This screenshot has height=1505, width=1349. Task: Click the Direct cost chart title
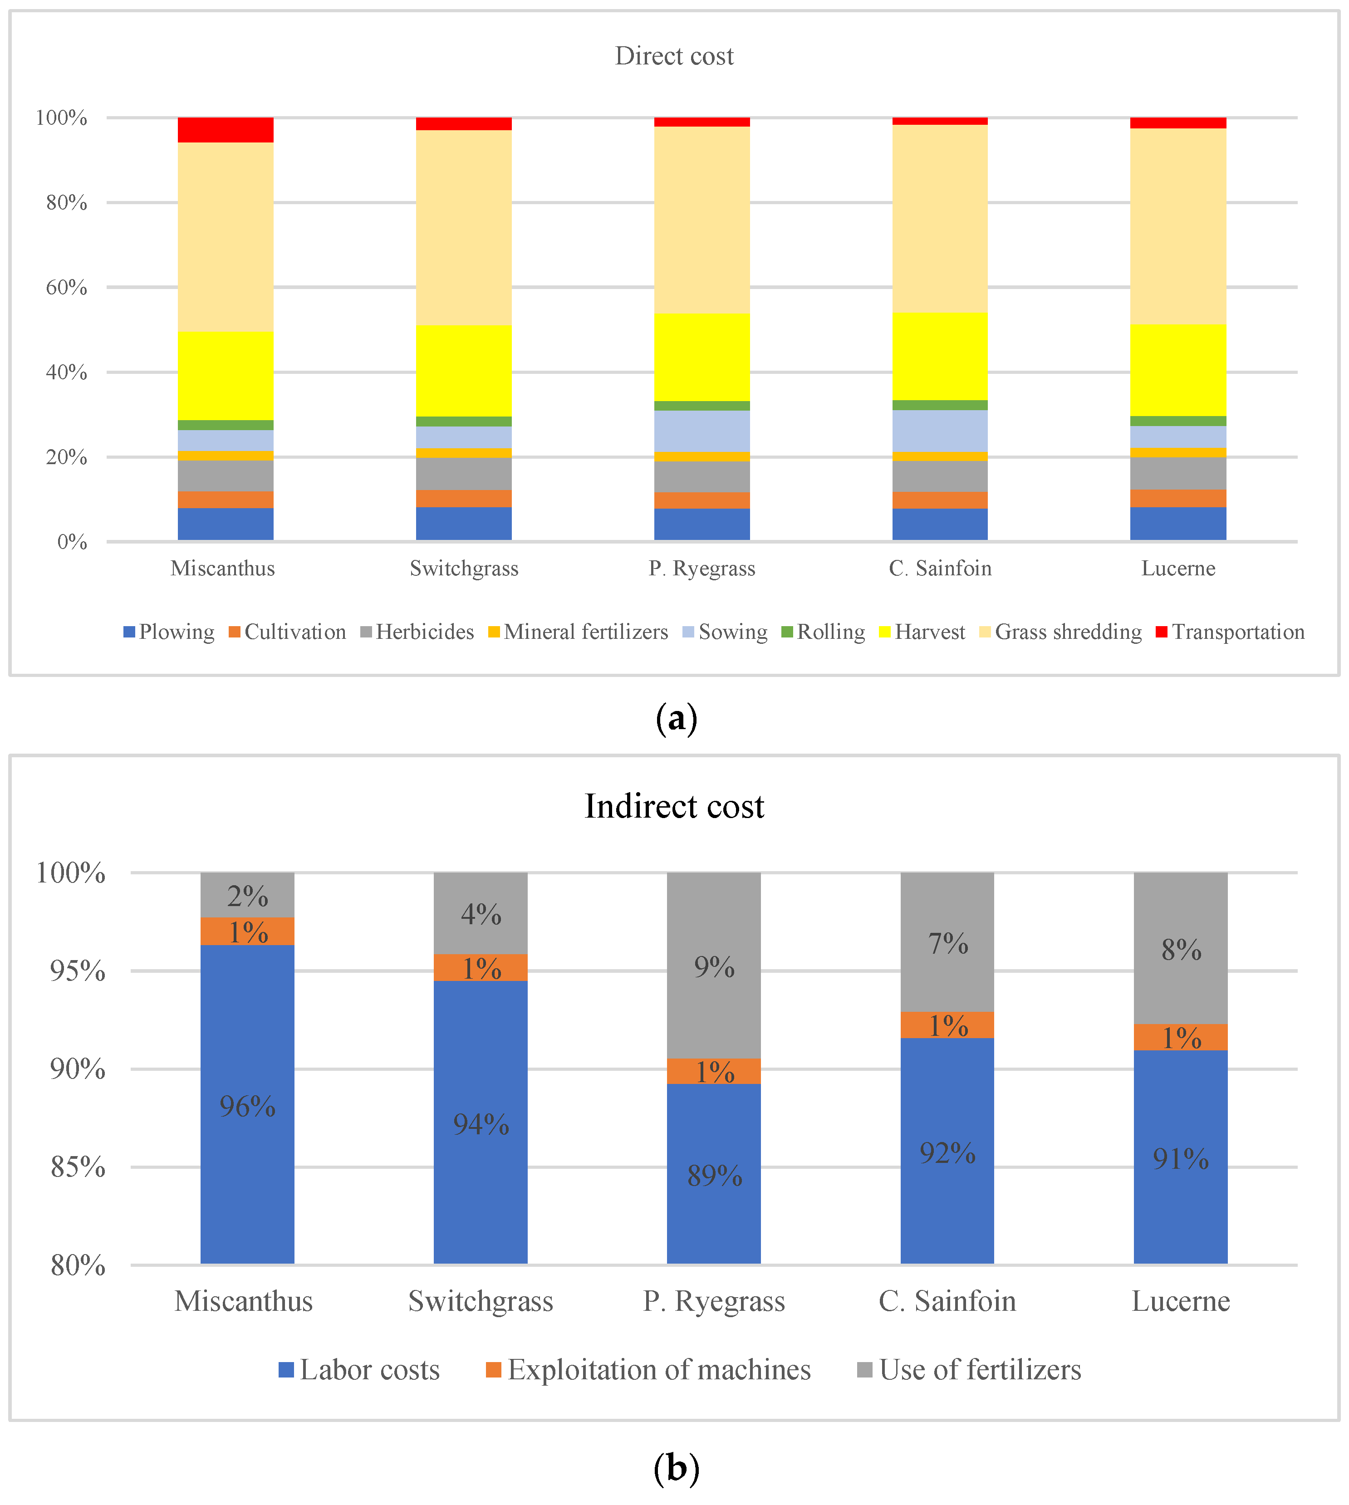point(674,56)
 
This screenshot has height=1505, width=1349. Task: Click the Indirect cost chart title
point(674,806)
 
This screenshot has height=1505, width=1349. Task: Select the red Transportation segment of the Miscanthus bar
point(226,130)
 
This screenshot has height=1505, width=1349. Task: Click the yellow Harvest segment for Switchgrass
point(463,371)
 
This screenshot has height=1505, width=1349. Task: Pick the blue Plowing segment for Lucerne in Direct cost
point(1178,523)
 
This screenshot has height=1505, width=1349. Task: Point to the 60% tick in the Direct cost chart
point(67,288)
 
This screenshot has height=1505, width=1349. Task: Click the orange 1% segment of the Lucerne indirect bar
point(1181,1037)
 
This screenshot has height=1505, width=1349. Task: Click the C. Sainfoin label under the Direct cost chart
point(940,569)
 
